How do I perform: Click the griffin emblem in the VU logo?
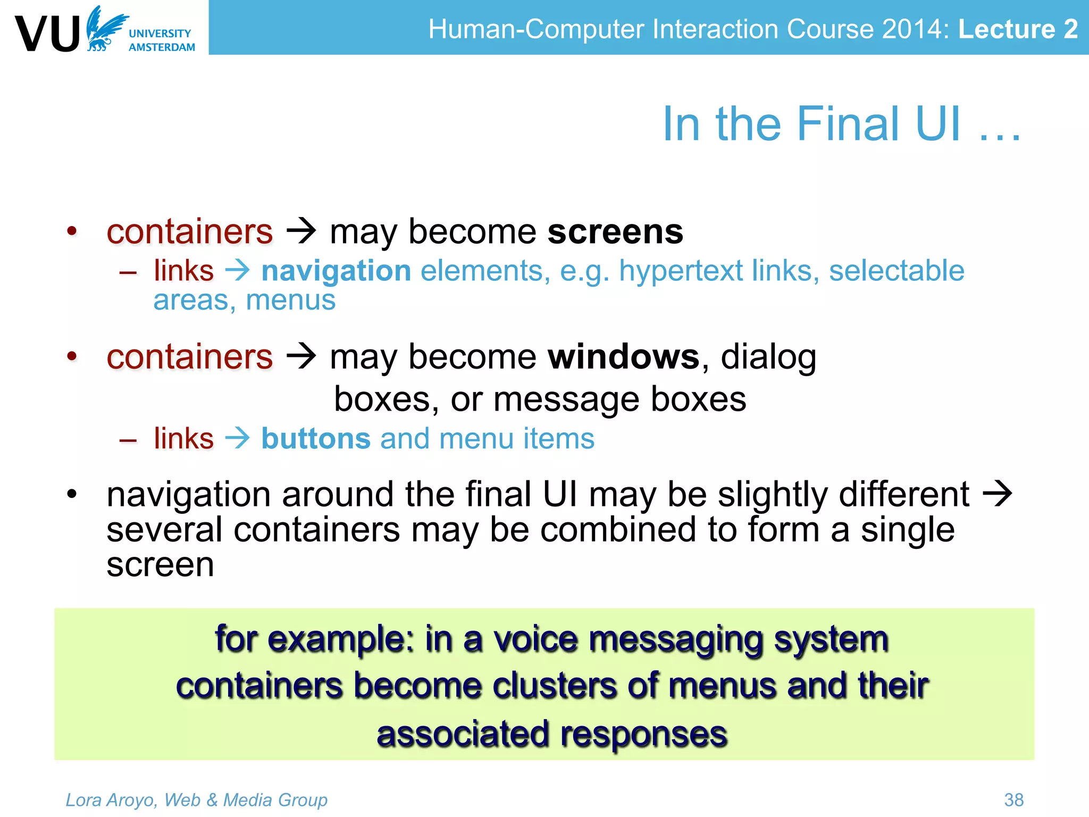click(x=105, y=29)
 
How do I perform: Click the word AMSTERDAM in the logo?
click(x=162, y=47)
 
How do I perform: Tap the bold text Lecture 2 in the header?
click(x=1017, y=29)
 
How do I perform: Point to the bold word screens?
click(x=615, y=232)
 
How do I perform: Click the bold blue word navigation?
click(x=336, y=271)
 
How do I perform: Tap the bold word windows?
click(x=624, y=356)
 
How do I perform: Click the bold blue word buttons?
click(x=316, y=439)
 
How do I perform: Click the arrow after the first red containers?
click(x=301, y=232)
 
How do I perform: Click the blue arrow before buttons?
click(x=237, y=439)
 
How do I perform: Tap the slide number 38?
click(x=1013, y=799)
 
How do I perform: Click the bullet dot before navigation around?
click(x=72, y=494)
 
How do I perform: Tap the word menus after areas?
click(x=290, y=300)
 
